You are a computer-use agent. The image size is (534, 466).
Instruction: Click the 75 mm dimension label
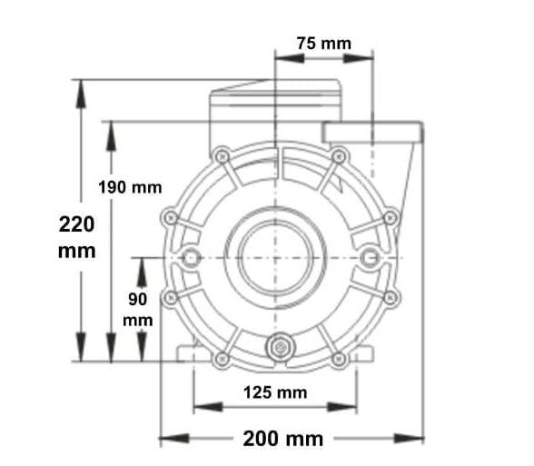323,43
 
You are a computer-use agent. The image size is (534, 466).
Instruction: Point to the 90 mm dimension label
138,310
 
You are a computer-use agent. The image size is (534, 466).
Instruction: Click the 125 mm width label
276,392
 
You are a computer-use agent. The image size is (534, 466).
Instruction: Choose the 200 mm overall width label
282,439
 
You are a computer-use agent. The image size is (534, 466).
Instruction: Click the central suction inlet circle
277,258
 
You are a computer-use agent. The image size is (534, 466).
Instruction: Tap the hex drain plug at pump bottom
277,348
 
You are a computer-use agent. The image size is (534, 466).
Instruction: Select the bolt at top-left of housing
221,155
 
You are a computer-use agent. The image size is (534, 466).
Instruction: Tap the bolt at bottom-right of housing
339,359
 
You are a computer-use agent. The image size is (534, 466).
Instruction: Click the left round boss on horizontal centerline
192,259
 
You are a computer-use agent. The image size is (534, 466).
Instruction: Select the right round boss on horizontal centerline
369,259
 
